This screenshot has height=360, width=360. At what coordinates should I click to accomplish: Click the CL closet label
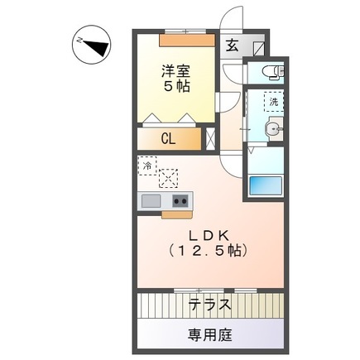(168, 140)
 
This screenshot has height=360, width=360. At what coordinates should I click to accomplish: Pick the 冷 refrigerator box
(148, 166)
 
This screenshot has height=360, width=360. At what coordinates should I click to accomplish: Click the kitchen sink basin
(151, 201)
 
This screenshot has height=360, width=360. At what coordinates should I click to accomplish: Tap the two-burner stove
(180, 201)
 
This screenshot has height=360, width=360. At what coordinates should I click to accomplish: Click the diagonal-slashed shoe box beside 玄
(257, 46)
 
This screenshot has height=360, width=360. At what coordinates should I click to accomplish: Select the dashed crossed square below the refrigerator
(169, 177)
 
